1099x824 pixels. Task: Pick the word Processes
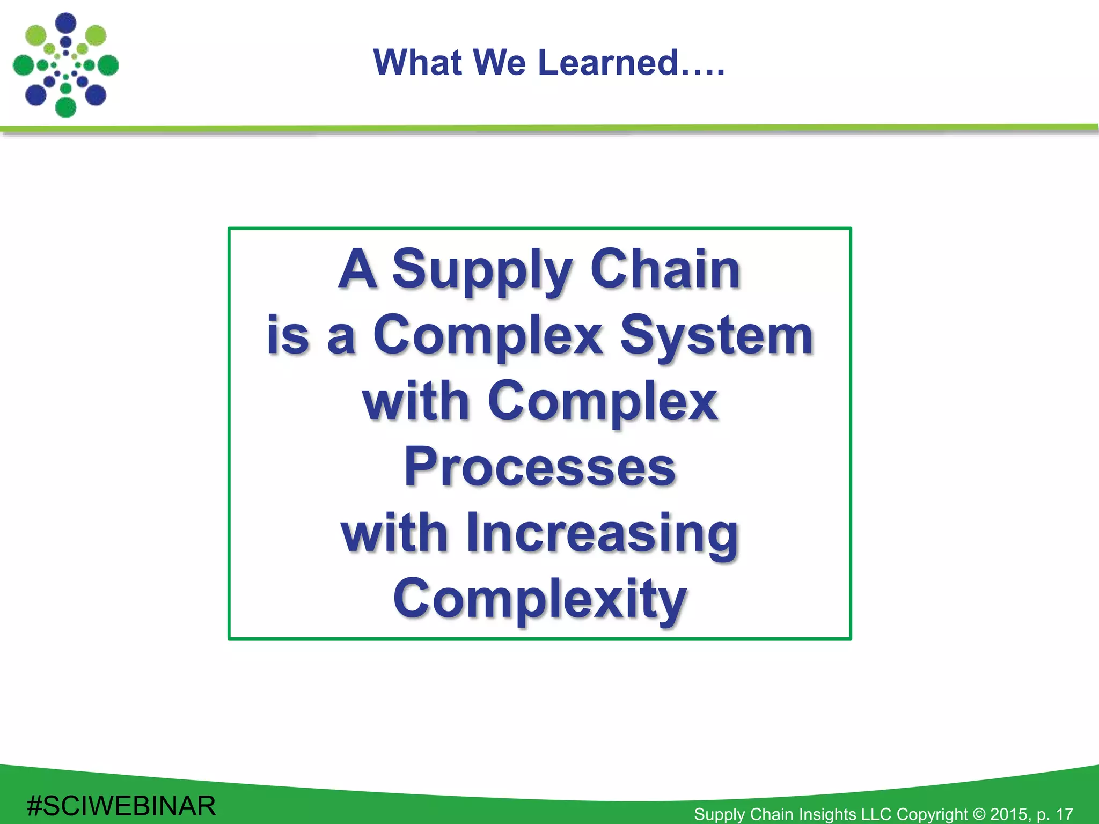[x=539, y=467]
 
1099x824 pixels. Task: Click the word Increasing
[x=602, y=533]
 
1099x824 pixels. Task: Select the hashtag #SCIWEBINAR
[x=121, y=806]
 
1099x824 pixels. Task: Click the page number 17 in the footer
[x=1065, y=814]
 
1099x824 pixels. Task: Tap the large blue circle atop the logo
[x=66, y=23]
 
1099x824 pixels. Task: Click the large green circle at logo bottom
[x=65, y=107]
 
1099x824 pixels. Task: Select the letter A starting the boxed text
[x=357, y=269]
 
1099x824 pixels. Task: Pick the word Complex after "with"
[x=602, y=402]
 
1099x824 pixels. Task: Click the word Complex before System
[x=488, y=336]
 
